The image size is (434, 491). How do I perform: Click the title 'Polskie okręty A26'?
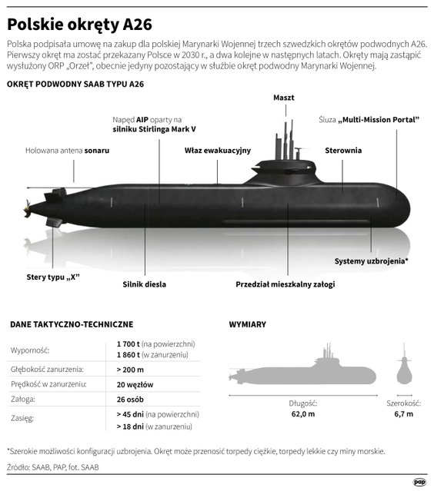80,25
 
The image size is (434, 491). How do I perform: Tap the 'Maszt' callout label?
284,98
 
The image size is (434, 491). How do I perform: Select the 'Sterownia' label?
343,151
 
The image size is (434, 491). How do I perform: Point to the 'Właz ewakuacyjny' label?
218,151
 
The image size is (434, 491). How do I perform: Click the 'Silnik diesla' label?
144,284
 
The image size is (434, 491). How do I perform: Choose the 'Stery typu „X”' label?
53,277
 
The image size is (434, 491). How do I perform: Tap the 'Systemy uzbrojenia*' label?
371,261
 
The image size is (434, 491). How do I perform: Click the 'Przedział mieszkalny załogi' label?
285,284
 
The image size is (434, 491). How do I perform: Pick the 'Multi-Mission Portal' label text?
379,120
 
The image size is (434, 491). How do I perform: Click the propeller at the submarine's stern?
28,209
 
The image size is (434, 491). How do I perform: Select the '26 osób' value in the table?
130,400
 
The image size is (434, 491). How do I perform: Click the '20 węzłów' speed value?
135,384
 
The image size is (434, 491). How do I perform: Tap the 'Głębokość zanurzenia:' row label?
47,370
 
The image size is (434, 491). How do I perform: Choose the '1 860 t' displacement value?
129,355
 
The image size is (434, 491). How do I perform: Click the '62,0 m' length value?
303,414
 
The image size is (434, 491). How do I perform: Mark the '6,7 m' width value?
404,414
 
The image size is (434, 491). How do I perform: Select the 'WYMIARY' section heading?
248,324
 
